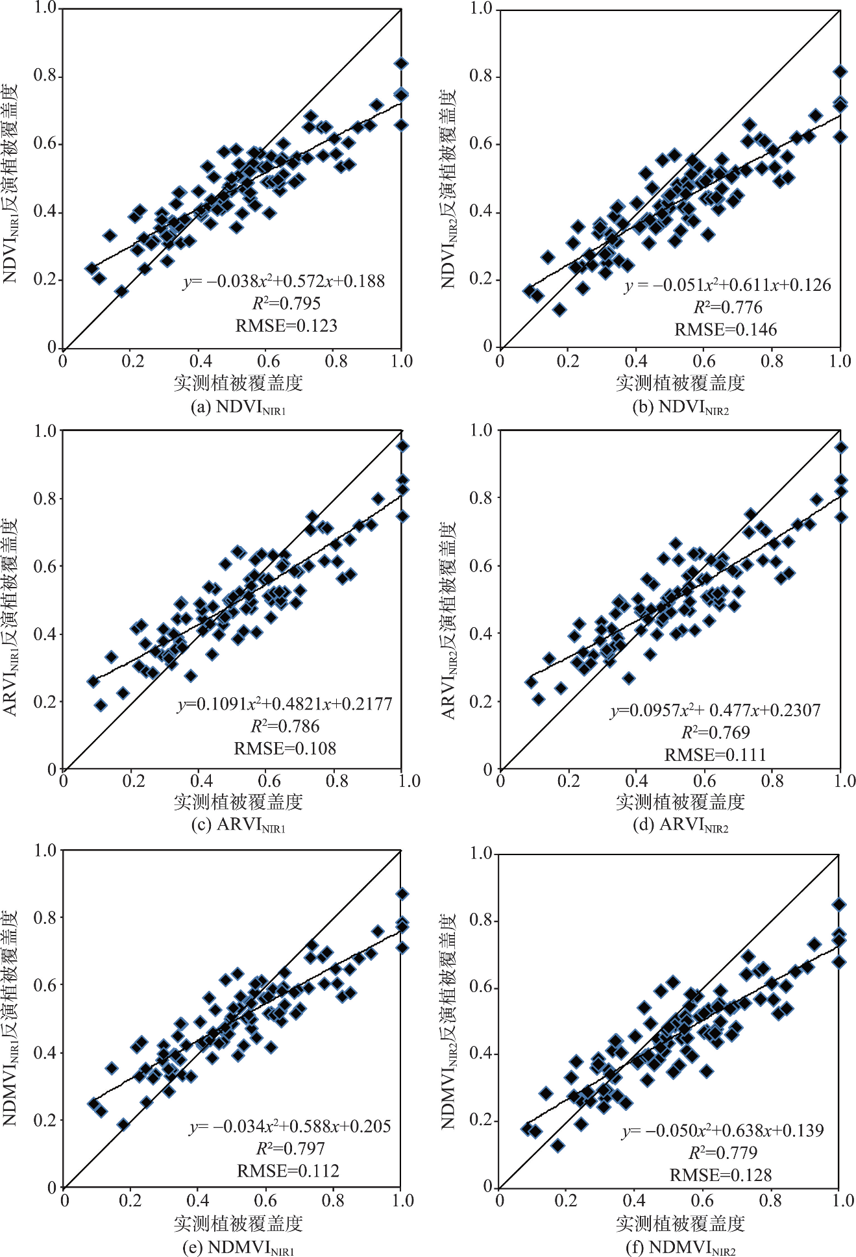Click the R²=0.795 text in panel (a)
286,303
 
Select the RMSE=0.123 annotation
286,325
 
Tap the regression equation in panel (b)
728,285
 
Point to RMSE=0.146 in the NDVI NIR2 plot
726,330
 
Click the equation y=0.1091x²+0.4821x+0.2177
285,704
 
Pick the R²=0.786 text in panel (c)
285,726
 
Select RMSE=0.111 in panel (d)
715,754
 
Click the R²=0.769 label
715,732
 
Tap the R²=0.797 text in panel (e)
290,1149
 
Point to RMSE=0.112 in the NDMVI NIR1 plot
288,1171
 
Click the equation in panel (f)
722,1130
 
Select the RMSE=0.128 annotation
720,1175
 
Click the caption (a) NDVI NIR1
238,408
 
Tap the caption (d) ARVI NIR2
680,825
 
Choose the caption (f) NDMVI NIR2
680,1248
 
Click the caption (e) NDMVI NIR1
238,1248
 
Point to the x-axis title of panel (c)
238,803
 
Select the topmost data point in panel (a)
401,63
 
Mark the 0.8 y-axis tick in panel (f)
481,921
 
